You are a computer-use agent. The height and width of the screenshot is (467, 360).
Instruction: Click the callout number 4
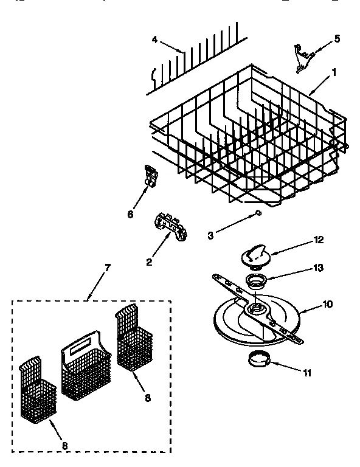(154, 41)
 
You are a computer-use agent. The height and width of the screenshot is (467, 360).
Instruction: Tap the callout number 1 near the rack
(334, 72)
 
